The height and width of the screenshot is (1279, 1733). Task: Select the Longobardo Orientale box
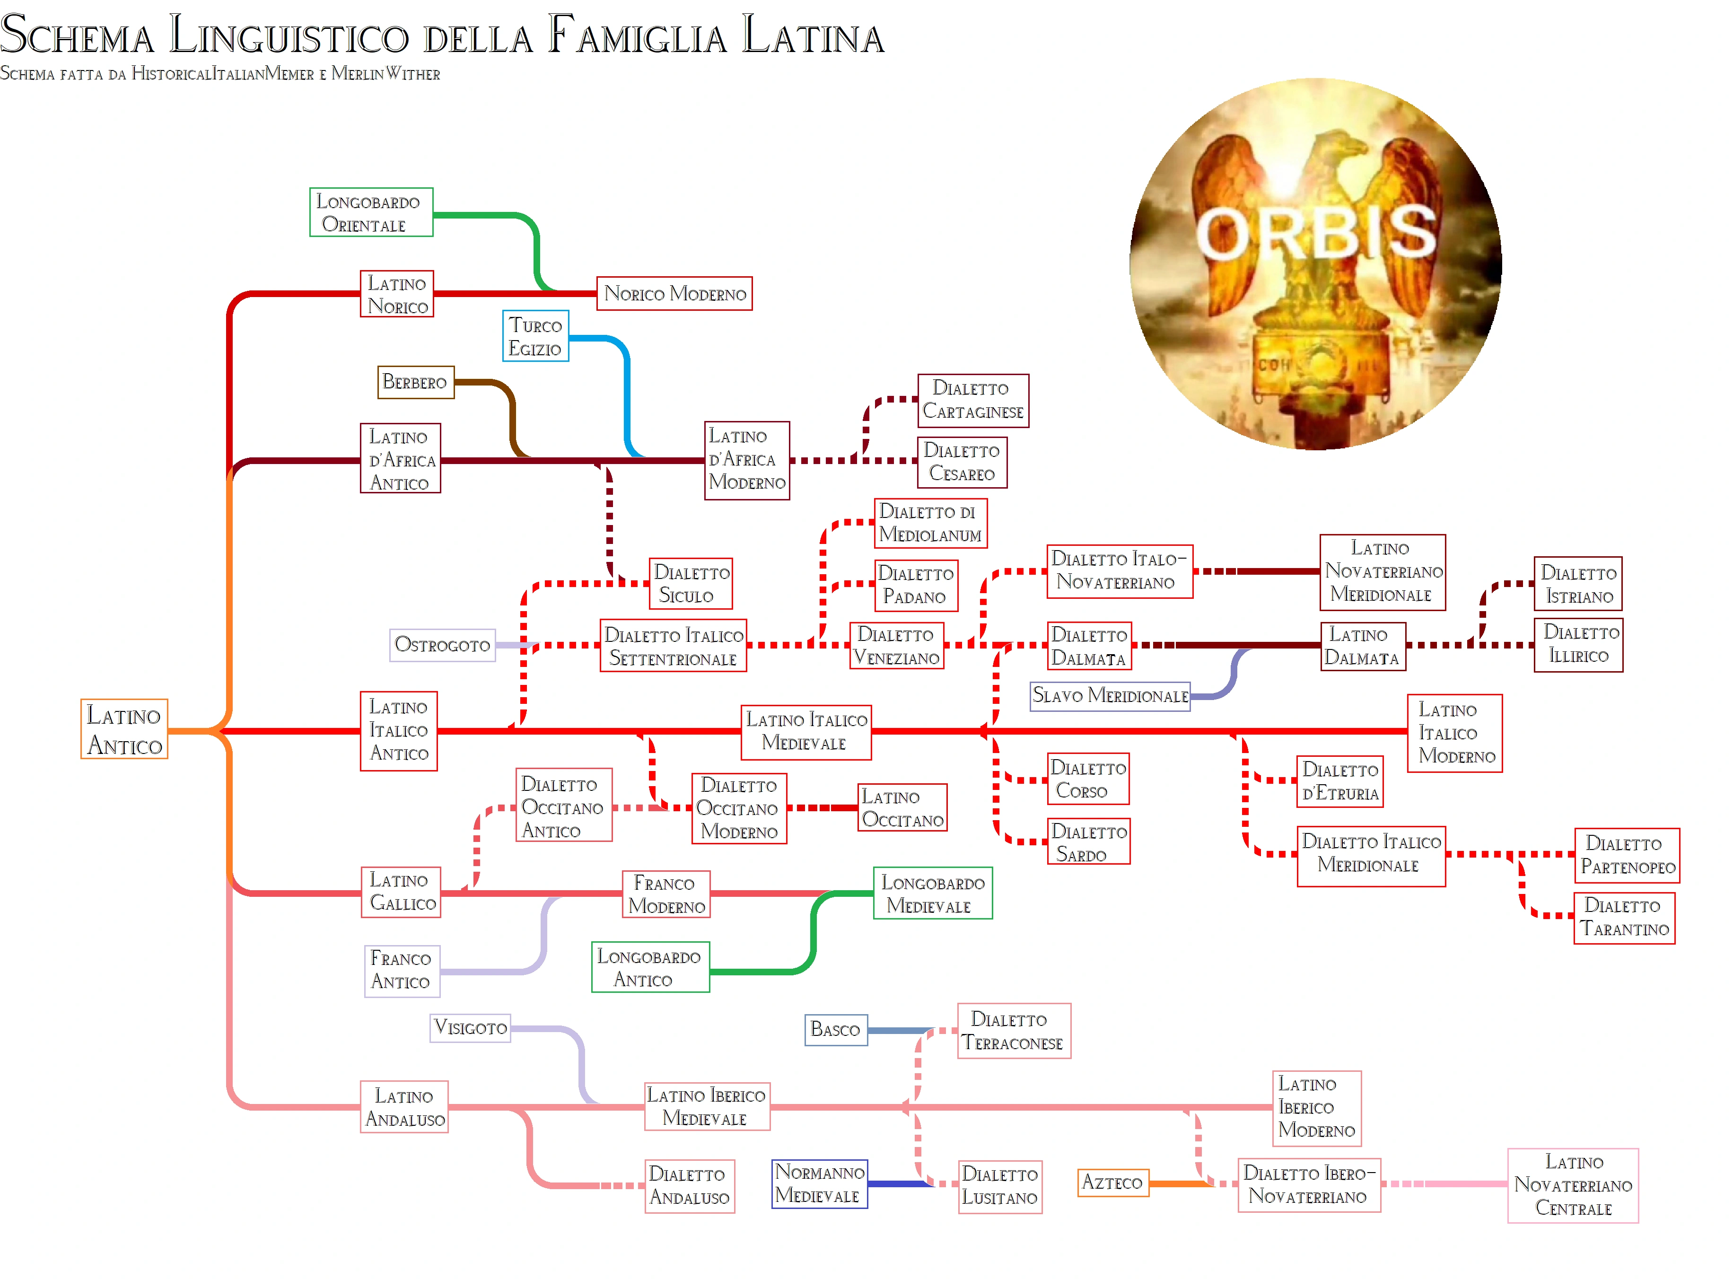tap(371, 212)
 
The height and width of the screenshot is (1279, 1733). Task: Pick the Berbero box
tap(416, 383)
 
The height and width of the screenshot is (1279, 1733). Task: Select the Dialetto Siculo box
tap(691, 584)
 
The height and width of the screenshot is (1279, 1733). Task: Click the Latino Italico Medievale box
tap(806, 732)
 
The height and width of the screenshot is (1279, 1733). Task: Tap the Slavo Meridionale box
tap(1110, 695)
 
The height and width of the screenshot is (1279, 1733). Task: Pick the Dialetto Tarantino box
tap(1624, 918)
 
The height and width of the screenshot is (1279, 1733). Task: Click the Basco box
tap(835, 1030)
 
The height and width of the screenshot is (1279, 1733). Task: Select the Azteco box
tap(1113, 1182)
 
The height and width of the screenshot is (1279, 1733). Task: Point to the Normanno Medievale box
tap(819, 1184)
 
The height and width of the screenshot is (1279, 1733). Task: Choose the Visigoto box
tap(470, 1027)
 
